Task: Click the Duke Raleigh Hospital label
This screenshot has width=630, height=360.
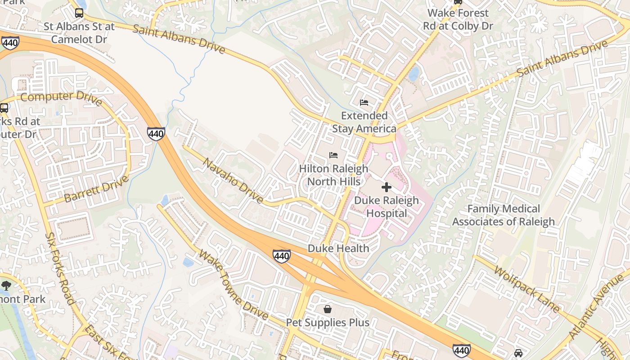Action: [x=387, y=207]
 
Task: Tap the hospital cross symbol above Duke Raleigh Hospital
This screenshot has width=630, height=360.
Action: [x=387, y=187]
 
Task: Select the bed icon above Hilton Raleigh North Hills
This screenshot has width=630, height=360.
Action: [x=333, y=155]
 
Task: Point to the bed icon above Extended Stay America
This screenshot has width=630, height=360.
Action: [x=364, y=103]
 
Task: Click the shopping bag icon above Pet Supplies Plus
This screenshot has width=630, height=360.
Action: [x=328, y=309]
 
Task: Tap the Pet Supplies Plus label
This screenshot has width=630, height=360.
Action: [x=328, y=323]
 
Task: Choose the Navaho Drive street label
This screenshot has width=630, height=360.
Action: [x=233, y=180]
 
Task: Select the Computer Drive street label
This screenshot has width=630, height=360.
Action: [x=61, y=97]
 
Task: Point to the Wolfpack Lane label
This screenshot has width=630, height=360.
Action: [x=526, y=289]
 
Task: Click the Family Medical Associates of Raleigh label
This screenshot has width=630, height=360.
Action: [x=504, y=215]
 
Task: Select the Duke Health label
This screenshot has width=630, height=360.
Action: [x=338, y=248]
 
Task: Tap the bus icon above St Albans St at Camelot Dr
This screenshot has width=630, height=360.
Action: [x=79, y=13]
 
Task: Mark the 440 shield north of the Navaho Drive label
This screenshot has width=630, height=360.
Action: [x=156, y=134]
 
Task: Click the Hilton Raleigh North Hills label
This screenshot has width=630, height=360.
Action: [x=334, y=175]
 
